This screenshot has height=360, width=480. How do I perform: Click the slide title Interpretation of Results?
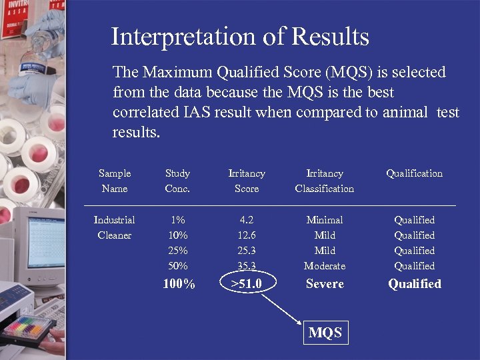point(240,37)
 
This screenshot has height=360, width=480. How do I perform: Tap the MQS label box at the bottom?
point(325,333)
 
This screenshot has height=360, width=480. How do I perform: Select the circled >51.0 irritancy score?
point(247,284)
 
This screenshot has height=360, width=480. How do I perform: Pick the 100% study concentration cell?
point(179,285)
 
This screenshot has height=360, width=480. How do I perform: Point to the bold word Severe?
point(325,284)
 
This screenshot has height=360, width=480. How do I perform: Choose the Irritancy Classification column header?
point(325,181)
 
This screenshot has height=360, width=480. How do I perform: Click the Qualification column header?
point(414,173)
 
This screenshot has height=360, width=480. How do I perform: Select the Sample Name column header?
point(115,181)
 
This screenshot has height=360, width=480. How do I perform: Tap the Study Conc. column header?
point(177,181)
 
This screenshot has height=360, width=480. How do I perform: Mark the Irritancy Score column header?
point(247,181)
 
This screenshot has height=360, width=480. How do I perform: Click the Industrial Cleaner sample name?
point(115,227)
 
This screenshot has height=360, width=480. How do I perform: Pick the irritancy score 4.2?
point(247,220)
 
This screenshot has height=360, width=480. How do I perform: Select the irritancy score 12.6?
point(247,235)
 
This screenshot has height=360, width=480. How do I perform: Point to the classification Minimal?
point(325,220)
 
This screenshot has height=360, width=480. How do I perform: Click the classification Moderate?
point(325,266)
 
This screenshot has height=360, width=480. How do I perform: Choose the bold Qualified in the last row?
point(415,284)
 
